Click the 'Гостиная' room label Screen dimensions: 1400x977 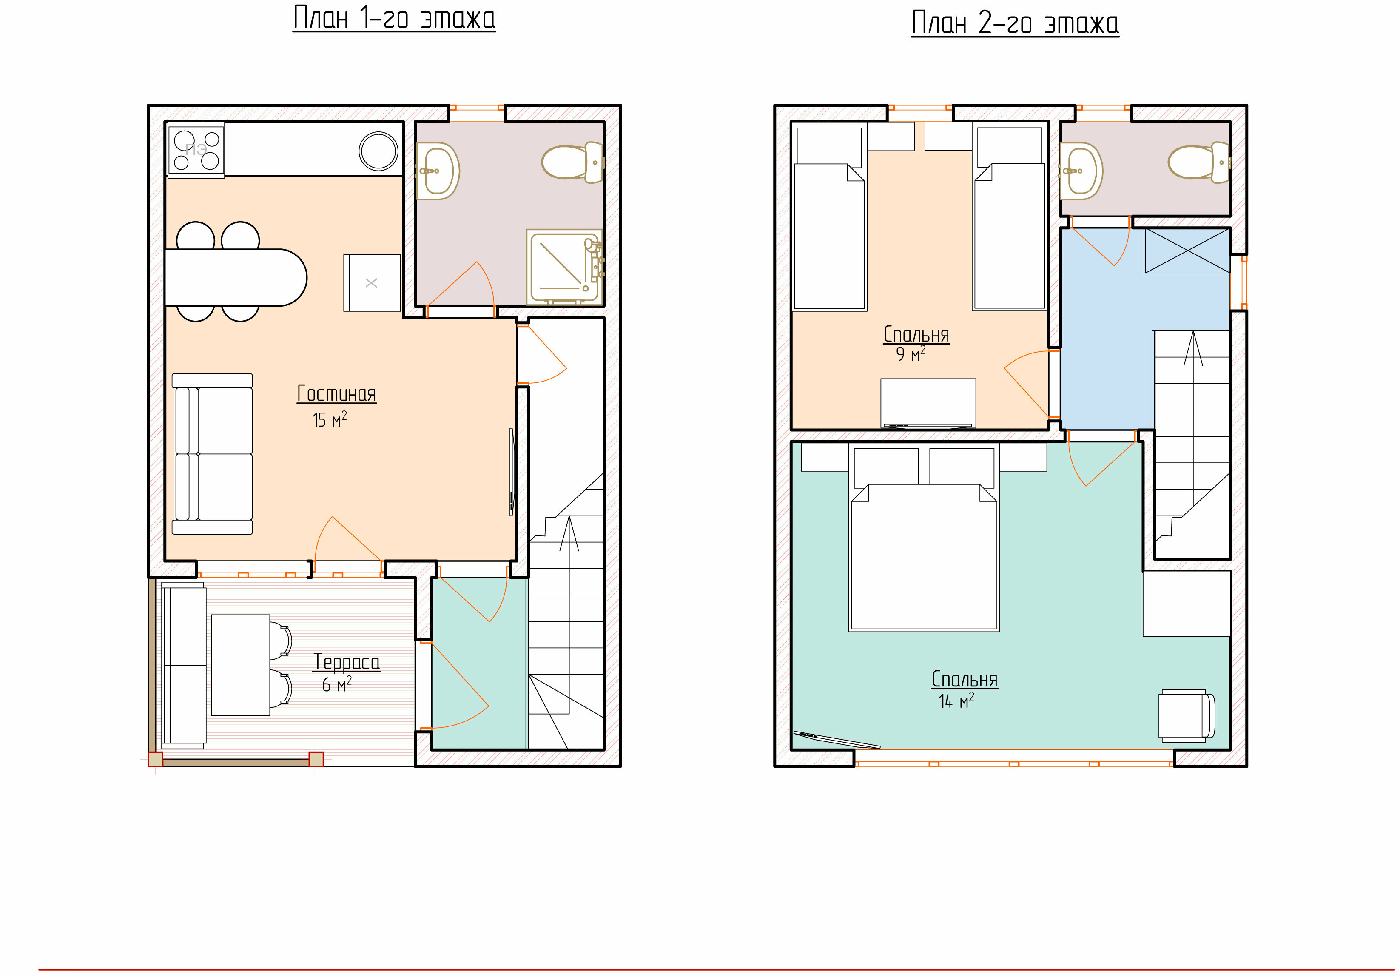click(336, 394)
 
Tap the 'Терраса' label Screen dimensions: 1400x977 click(346, 662)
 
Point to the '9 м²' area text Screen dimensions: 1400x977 click(911, 354)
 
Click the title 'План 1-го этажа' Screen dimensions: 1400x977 click(394, 18)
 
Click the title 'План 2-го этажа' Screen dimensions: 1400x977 click(1015, 23)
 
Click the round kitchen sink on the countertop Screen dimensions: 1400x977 click(378, 151)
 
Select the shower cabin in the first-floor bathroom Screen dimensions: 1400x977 click(565, 267)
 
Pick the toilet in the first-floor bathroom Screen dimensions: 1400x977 click(572, 162)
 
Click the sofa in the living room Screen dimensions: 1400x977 click(212, 454)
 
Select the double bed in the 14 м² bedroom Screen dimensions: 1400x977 click(924, 537)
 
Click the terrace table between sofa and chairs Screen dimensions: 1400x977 click(241, 665)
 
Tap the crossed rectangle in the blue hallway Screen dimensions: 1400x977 click(1187, 251)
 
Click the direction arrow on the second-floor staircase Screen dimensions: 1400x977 click(1193, 348)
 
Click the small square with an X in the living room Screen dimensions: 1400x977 click(372, 283)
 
